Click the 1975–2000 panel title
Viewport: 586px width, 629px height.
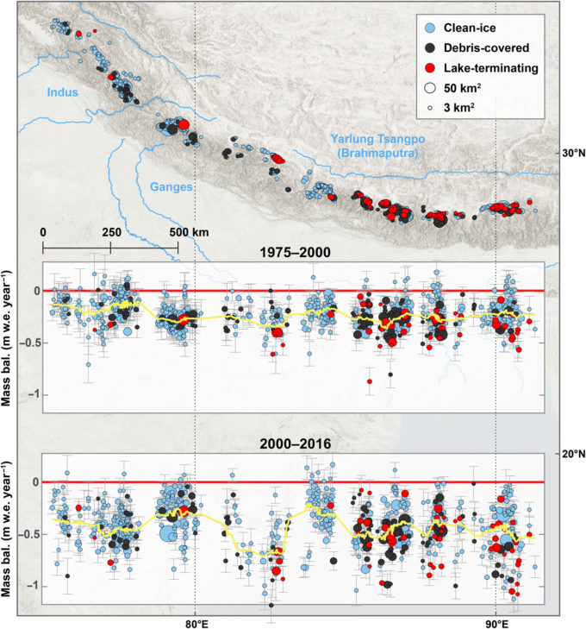coord(291,254)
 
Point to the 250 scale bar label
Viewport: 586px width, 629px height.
coord(111,233)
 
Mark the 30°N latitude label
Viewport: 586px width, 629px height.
coord(570,153)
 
